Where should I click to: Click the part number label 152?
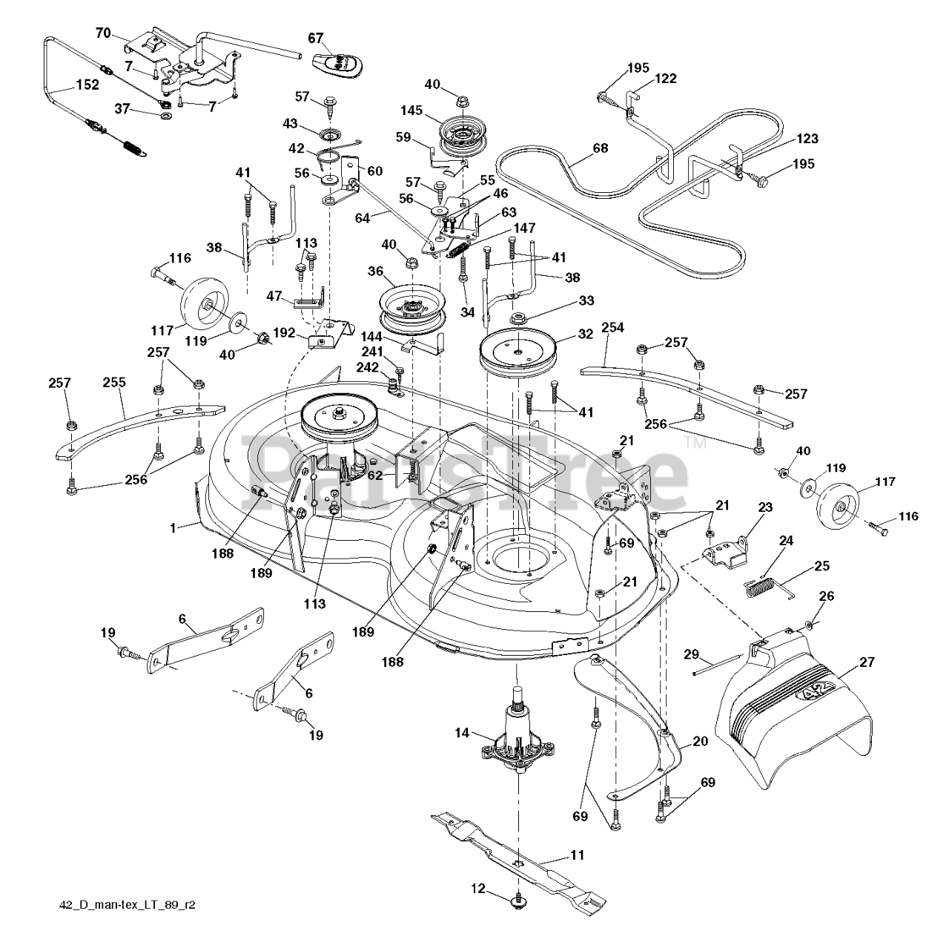coord(87,85)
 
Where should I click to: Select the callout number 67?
coord(317,38)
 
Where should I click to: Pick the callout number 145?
coord(412,111)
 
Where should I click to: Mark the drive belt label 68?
coord(600,148)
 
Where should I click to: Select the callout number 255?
coord(114,383)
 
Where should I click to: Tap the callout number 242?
coord(368,366)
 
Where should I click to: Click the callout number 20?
coord(700,741)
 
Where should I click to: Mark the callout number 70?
coord(103,33)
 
